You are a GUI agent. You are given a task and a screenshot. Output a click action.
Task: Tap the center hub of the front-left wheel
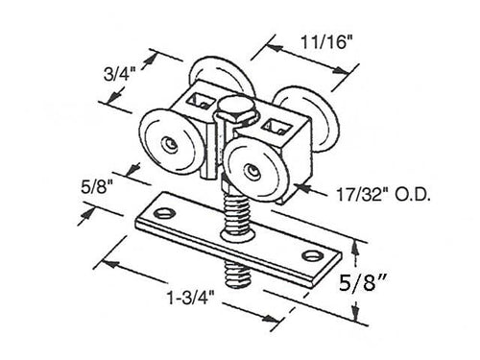coord(169,143)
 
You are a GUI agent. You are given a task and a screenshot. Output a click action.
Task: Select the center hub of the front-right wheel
coord(252,171)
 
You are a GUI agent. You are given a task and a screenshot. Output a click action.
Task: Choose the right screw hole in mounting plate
coord(312,254)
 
